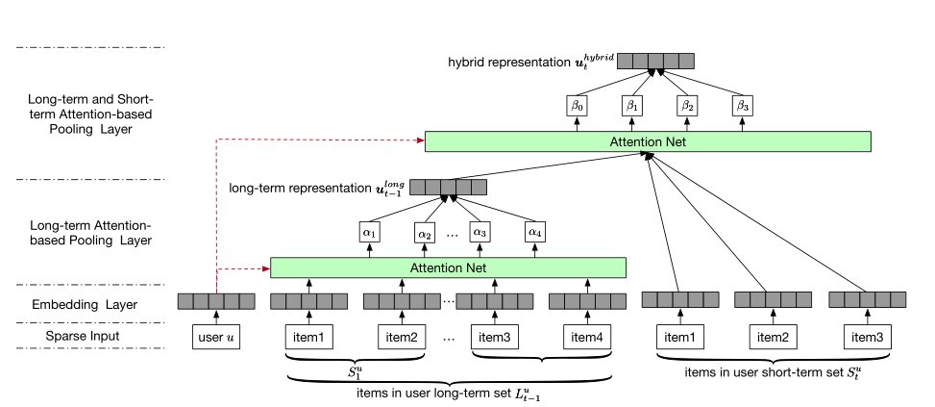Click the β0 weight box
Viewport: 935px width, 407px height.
pos(577,104)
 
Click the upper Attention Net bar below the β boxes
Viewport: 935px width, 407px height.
pos(648,141)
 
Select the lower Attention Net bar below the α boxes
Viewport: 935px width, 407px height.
pos(448,267)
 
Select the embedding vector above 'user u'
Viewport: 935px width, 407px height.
pos(216,301)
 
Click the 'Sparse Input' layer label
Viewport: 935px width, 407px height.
pos(83,336)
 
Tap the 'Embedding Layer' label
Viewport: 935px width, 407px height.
pos(83,304)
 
